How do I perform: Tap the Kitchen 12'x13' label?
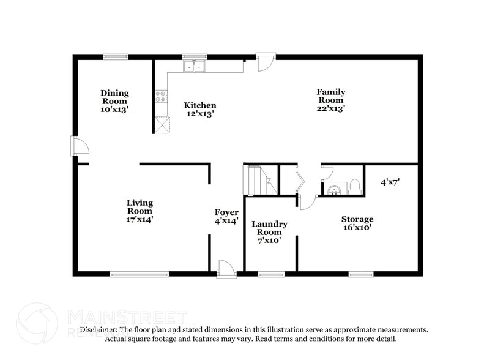200,110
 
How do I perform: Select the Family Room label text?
330,100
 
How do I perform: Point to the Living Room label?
140,211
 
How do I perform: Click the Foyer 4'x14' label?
226,216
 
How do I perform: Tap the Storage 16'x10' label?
357,223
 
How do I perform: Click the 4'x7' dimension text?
390,182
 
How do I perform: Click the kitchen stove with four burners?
162,96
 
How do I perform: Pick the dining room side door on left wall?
80,146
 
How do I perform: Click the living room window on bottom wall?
140,274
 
